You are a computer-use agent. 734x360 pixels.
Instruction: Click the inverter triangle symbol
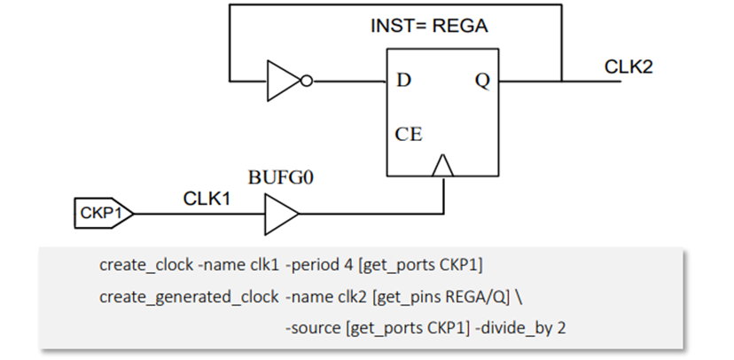[282, 82]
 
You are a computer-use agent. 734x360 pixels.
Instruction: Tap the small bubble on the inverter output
[306, 82]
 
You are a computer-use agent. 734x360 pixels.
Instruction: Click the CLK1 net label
[207, 198]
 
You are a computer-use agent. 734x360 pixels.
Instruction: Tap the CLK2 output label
[629, 67]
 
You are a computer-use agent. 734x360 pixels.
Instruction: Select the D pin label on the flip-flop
[404, 81]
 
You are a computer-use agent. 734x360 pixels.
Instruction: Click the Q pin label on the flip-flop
[482, 81]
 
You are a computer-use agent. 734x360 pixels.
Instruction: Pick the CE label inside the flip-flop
[409, 135]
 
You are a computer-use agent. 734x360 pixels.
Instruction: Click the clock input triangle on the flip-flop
[442, 166]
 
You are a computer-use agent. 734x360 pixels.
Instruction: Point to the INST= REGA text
[428, 26]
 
